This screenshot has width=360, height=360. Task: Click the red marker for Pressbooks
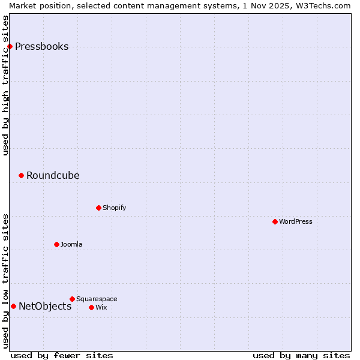(x=10, y=47)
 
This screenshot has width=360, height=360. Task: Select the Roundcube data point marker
(x=21, y=176)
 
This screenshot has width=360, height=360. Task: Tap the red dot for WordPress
(x=275, y=222)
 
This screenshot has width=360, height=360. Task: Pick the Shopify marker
(x=98, y=208)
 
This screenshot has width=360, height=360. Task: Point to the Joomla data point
(x=56, y=245)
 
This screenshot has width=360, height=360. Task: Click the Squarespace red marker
(x=72, y=299)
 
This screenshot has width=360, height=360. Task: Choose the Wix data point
(x=91, y=308)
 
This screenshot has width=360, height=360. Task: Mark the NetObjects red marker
(x=13, y=307)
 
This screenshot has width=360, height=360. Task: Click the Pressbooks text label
(x=41, y=47)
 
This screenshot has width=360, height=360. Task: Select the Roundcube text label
(x=53, y=176)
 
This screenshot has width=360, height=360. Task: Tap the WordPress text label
(x=296, y=222)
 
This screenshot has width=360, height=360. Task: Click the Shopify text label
(x=114, y=208)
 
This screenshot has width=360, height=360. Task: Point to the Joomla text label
(x=71, y=245)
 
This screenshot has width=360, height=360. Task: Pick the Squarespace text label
(x=97, y=299)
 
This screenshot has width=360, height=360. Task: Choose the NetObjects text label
(x=45, y=307)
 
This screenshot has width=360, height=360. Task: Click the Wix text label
(x=101, y=308)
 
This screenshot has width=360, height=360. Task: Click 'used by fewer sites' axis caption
(x=62, y=355)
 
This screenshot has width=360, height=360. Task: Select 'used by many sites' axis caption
(x=301, y=355)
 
